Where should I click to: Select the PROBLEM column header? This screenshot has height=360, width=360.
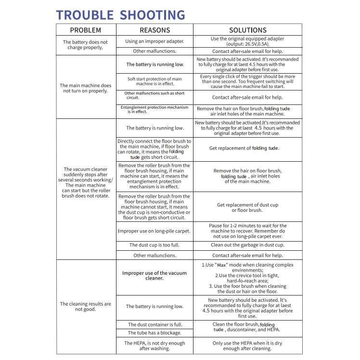coord(86,30)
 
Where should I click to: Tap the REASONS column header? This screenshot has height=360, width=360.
coord(154,30)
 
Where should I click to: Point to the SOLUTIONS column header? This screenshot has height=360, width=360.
coord(247,30)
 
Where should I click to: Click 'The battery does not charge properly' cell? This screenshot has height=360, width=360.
coord(86,45)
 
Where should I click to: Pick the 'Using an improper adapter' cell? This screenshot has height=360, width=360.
coord(154,41)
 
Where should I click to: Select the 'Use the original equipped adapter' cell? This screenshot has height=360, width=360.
coord(247,41)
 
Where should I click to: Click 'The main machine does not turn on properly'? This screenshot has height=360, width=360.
coord(86,88)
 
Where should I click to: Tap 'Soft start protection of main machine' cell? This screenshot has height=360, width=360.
coord(154,81)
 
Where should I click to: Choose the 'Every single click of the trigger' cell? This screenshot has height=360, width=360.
coord(247,81)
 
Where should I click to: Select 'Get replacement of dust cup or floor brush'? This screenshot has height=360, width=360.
coord(247,207)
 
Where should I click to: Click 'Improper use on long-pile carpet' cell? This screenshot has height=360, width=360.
coord(154,231)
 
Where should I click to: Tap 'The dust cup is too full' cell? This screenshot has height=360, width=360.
coord(154,245)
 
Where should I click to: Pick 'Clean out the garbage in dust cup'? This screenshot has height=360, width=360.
coord(247,245)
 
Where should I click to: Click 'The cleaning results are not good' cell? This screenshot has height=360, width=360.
coord(86,307)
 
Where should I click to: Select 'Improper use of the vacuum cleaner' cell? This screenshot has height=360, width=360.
coord(154,276)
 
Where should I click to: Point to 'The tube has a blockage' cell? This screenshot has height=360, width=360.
coord(154,333)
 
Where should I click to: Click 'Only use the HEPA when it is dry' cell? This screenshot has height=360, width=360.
coord(247,346)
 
